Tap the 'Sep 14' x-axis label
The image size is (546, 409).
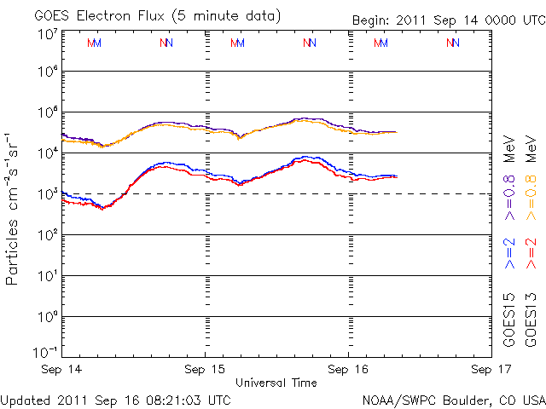coord(61,370)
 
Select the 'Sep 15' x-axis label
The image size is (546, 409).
coord(206,370)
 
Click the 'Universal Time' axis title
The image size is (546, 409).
coord(276,383)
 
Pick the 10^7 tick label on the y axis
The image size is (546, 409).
coord(47,35)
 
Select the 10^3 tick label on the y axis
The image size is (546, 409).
coord(47,194)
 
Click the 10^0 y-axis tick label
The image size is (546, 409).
coord(47,317)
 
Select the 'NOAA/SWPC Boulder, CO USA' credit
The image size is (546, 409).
coord(453,399)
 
